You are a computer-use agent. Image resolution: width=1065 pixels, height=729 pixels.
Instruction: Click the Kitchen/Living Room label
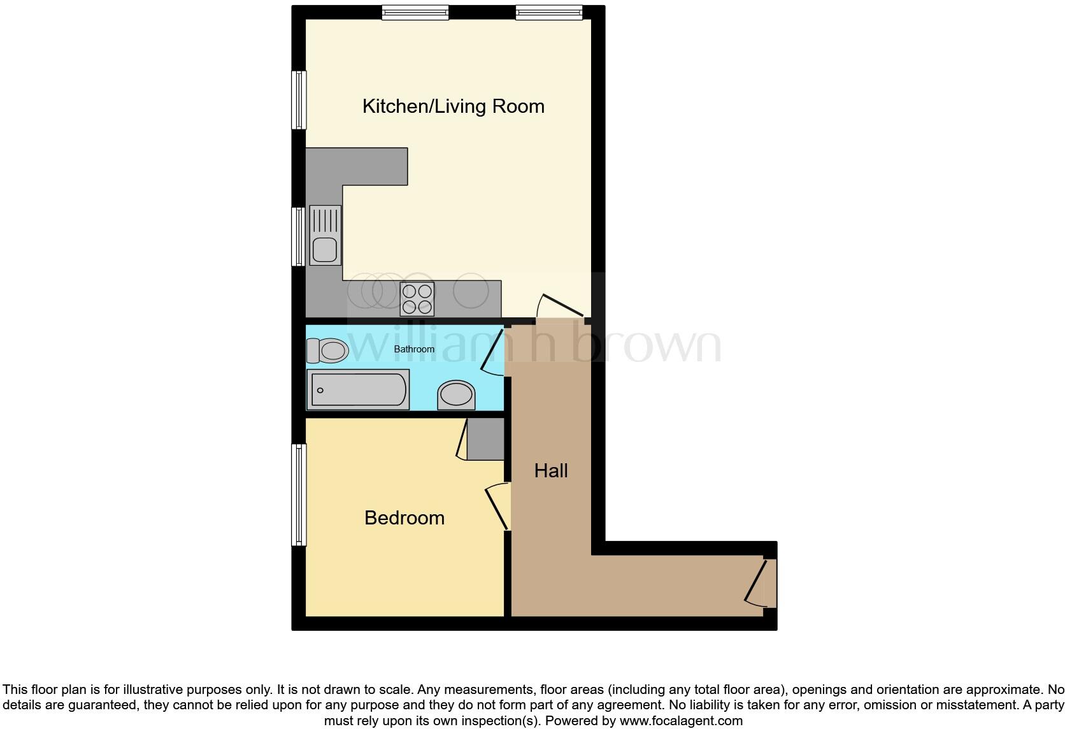(453, 106)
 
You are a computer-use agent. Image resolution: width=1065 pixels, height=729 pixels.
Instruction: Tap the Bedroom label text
(404, 517)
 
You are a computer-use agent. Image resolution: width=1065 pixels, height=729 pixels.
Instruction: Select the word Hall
(550, 471)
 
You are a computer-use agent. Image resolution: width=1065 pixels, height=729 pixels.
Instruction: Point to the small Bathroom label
(414, 349)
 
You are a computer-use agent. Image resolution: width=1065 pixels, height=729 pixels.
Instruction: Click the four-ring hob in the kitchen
(417, 299)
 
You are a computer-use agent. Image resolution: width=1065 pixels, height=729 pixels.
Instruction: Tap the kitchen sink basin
(325, 249)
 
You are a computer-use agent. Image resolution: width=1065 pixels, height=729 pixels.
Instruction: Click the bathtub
(358, 389)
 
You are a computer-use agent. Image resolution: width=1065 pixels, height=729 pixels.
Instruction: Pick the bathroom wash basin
(456, 395)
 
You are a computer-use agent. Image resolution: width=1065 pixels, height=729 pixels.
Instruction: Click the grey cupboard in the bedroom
(485, 438)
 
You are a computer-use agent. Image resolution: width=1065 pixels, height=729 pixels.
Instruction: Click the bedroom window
(299, 494)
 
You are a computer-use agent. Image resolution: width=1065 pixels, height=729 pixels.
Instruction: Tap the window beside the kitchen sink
(298, 236)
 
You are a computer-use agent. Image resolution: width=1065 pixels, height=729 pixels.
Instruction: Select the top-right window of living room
(548, 12)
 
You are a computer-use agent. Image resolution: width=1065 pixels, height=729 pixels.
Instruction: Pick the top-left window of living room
(415, 12)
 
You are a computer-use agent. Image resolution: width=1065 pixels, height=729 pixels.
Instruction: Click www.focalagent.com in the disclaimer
(681, 721)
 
